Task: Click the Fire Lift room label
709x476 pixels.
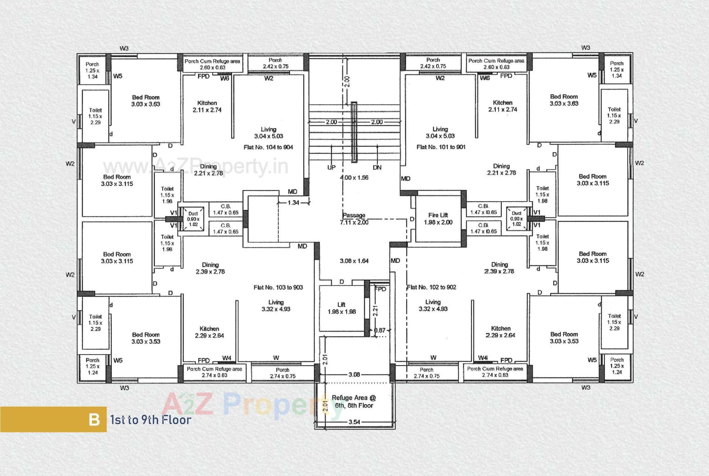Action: coord(438,218)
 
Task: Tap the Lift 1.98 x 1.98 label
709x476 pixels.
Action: coord(342,308)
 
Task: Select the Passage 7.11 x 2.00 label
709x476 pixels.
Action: coord(354,219)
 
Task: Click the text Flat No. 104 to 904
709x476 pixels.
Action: coord(268,147)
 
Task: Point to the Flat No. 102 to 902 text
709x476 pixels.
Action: coord(432,287)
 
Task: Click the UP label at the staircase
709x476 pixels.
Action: coord(331,167)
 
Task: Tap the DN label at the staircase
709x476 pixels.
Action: coord(377,167)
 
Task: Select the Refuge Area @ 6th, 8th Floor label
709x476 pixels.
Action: coord(354,401)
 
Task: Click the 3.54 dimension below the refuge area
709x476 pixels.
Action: coord(354,422)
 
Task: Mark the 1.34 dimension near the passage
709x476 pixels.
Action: coord(293,202)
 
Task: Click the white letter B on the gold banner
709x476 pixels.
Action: coord(94,420)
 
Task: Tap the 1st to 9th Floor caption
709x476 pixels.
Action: coord(151,420)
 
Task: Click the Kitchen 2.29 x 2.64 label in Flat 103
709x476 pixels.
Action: coord(209,332)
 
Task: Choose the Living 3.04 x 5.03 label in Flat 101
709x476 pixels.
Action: coord(440,132)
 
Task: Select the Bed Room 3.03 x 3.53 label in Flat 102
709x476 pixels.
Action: coord(564,338)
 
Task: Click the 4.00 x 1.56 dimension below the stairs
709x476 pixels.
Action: coord(354,178)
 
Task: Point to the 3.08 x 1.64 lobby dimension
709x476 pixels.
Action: coord(354,261)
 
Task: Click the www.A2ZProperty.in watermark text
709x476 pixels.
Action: coord(195,166)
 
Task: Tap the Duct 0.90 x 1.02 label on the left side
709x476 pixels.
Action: coord(193,219)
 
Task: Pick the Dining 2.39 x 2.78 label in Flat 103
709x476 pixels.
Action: coord(210,268)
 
